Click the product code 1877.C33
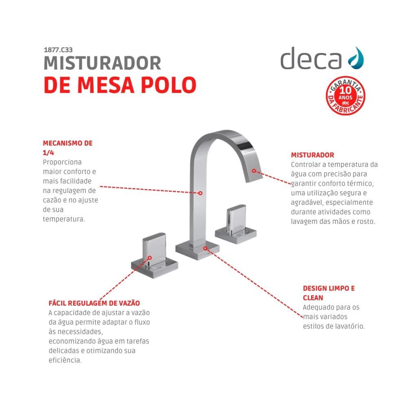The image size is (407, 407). pyautogui.click(x=57, y=50)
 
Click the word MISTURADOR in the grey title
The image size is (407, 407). pyautogui.click(x=102, y=63)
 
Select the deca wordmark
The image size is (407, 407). pyautogui.click(x=311, y=58)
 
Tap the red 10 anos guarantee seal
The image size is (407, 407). pyautogui.click(x=346, y=96)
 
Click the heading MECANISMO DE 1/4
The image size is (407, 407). pyautogui.click(x=68, y=148)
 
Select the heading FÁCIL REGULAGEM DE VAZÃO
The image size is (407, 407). pyautogui.click(x=94, y=303)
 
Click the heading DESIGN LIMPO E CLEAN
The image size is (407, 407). pyautogui.click(x=328, y=293)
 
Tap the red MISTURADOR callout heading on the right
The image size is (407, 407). pyautogui.click(x=312, y=155)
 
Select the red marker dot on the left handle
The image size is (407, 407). pyautogui.click(x=150, y=258)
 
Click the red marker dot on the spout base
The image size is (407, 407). pyautogui.click(x=206, y=247)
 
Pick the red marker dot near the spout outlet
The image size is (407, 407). pyautogui.click(x=254, y=171)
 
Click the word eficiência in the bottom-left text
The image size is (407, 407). pyautogui.click(x=65, y=360)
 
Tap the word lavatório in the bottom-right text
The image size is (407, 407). pyautogui.click(x=350, y=326)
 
